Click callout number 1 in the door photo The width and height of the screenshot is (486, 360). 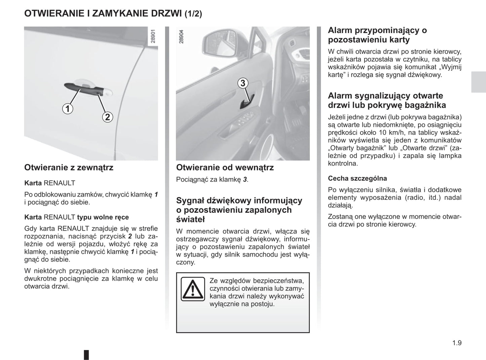tap(68, 109)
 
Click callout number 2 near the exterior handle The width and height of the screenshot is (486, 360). tap(107, 117)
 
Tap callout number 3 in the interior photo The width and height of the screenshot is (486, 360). tap(243, 83)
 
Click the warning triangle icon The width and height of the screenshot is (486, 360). tap(193, 289)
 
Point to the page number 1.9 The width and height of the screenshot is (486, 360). tap(457, 343)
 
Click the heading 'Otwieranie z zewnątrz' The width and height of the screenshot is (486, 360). tap(69, 168)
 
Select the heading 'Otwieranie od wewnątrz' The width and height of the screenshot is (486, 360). tap(225, 168)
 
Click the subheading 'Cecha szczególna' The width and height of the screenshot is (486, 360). tap(357, 178)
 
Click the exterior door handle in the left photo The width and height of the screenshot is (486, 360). tap(84, 88)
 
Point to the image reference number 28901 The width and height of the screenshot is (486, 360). tap(153, 37)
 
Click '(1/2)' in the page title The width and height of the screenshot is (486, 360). tap(193, 14)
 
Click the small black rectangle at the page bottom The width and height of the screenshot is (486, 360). tap(86, 355)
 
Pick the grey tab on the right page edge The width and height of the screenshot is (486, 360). tap(478, 82)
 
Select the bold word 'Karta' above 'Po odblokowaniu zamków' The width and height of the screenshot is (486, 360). tap(33, 183)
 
